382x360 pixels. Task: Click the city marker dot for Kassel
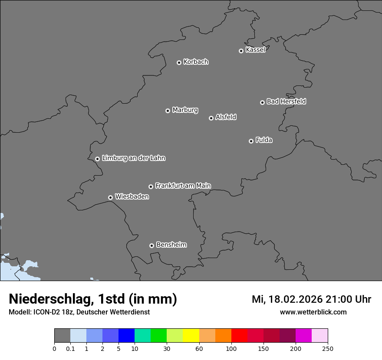(x=241, y=51)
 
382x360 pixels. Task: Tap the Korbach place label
(x=196, y=62)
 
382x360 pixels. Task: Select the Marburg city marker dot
(x=168, y=111)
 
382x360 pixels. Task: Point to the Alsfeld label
(x=226, y=117)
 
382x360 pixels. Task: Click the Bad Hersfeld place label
(x=286, y=101)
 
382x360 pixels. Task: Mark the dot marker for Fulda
(x=251, y=141)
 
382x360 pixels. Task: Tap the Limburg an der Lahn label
(x=133, y=158)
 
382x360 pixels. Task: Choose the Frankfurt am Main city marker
(x=151, y=187)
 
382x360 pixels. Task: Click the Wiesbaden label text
(x=132, y=197)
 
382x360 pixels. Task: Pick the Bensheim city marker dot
(x=151, y=245)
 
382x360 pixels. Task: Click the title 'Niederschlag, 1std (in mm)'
(x=93, y=299)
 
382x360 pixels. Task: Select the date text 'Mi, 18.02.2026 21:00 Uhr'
(x=311, y=299)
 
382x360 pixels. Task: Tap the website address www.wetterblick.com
(x=313, y=312)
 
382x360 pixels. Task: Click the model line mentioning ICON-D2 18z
(x=79, y=312)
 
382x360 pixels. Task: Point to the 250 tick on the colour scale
(x=328, y=349)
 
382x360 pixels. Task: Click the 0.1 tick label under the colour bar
(x=70, y=349)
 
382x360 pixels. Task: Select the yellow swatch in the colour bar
(x=191, y=336)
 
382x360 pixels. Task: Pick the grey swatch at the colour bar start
(x=62, y=336)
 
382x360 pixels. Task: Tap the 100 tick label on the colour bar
(x=231, y=349)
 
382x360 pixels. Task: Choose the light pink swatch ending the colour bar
(x=320, y=336)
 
